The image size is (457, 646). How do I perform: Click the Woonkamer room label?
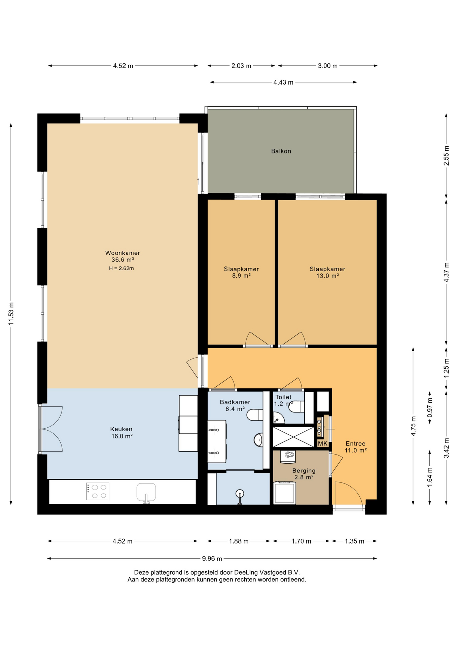click(122, 253)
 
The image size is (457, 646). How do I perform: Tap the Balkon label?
click(281, 151)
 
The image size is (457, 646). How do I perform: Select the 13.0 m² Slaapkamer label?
click(327, 269)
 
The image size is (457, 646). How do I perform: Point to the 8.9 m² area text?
click(241, 276)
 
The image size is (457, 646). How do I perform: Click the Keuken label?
click(121, 429)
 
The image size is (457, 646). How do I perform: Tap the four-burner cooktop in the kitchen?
click(98, 492)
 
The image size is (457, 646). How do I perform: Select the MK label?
click(323, 444)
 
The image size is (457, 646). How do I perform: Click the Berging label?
click(304, 471)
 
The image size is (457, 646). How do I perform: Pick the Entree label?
click(355, 444)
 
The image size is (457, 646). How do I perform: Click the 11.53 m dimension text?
click(11, 314)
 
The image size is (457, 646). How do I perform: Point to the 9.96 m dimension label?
click(212, 559)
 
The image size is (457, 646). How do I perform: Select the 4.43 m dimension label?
click(283, 82)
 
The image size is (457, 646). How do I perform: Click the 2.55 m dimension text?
click(446, 155)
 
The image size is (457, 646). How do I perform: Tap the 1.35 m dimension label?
click(354, 541)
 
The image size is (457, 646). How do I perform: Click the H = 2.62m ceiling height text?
click(121, 268)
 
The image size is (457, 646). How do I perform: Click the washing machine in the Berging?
click(285, 493)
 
